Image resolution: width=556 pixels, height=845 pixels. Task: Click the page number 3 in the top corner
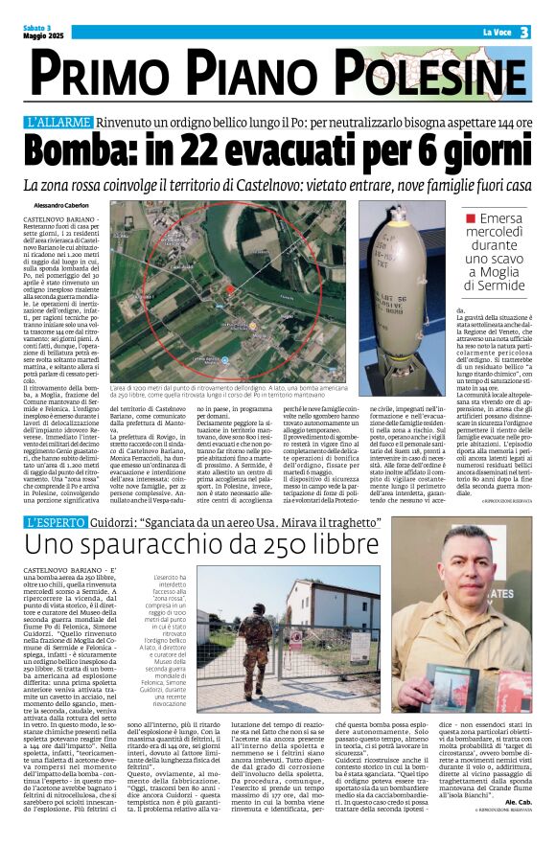(x=525, y=32)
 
